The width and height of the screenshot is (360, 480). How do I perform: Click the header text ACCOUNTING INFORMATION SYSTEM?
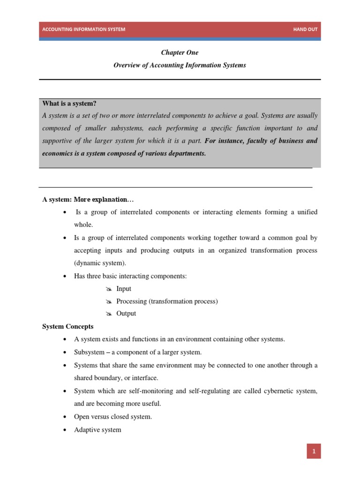(84, 30)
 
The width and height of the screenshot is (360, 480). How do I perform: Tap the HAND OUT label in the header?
(305, 30)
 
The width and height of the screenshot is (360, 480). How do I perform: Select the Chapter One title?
(180, 53)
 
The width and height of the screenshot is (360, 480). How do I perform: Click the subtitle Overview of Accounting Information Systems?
(180, 65)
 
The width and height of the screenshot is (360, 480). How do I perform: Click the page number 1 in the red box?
(314, 451)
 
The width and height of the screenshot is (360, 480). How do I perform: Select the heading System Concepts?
(68, 326)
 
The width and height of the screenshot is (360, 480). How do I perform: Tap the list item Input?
(124, 289)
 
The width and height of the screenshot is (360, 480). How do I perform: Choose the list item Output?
(126, 314)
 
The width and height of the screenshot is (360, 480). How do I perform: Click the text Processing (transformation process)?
(167, 301)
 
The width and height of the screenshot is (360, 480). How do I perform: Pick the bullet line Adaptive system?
(97, 429)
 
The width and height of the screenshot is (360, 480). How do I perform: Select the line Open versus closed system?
(113, 417)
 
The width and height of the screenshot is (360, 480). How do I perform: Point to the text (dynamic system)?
(100, 263)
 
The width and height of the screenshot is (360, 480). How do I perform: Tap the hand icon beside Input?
(109, 289)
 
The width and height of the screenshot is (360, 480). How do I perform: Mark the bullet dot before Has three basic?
(65, 277)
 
